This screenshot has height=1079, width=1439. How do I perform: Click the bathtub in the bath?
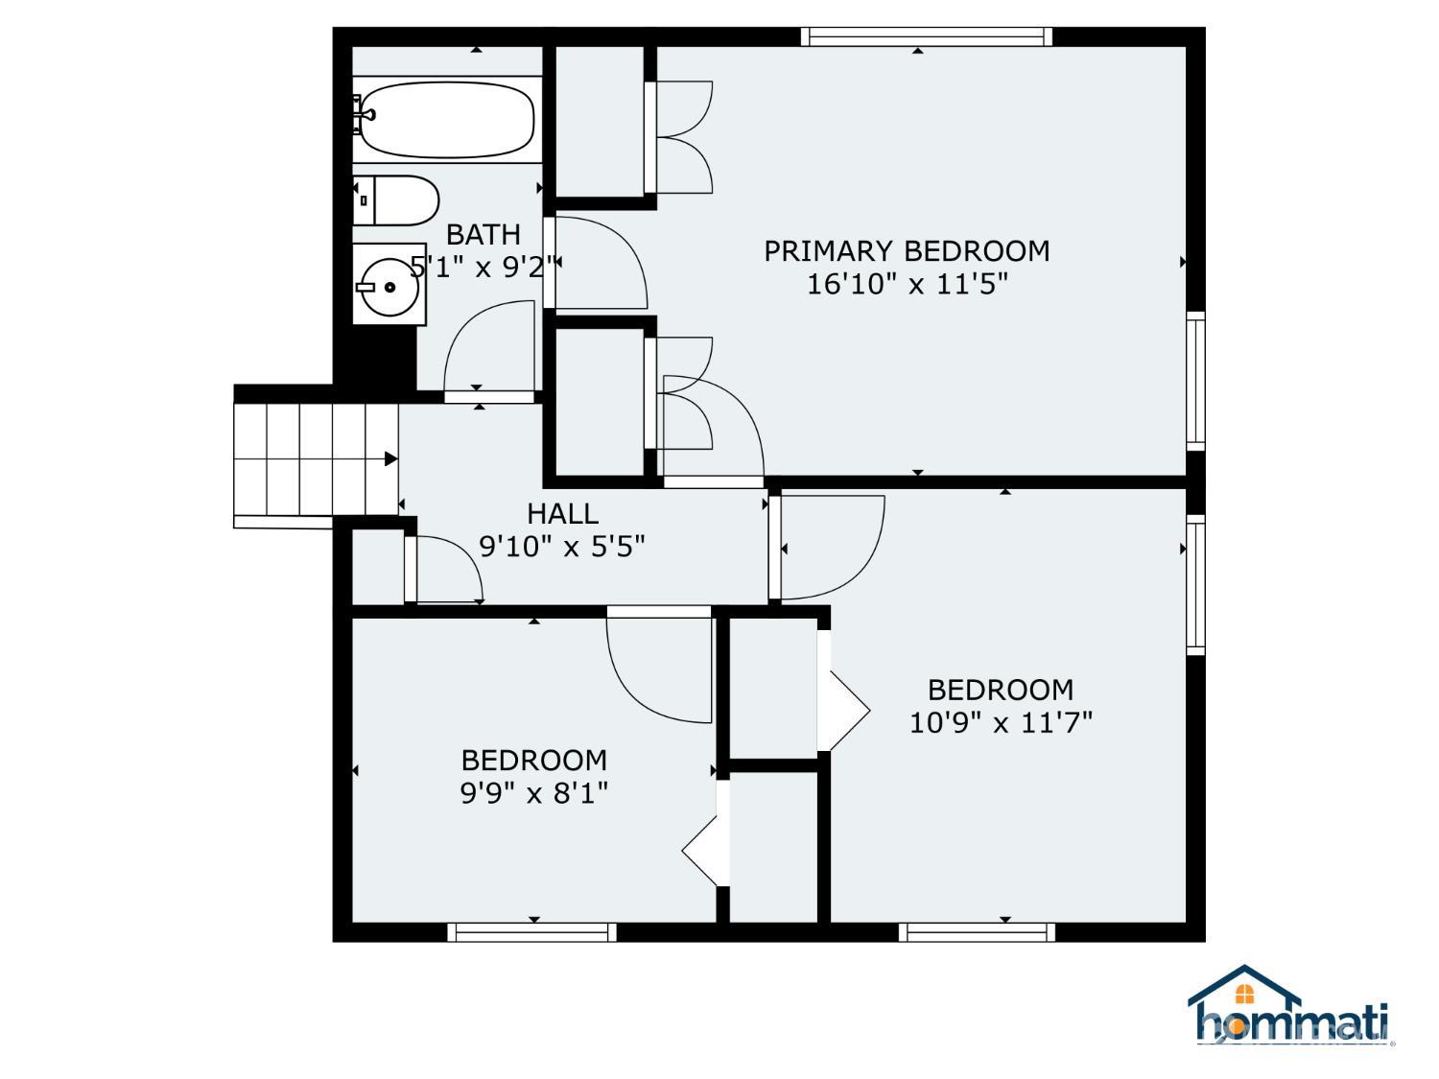[446, 120]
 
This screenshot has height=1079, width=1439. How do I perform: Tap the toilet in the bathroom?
[395, 199]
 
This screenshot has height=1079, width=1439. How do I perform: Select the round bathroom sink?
[389, 285]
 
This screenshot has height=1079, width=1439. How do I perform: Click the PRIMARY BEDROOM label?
[906, 251]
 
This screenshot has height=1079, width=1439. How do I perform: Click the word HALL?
[562, 514]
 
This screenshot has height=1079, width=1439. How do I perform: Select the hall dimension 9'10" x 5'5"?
[562, 546]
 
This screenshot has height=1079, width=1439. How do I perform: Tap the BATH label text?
[484, 234]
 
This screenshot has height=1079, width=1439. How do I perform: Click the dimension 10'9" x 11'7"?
[1001, 723]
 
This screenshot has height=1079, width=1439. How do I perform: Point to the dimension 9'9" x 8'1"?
[533, 793]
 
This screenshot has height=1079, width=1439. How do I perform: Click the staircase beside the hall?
[316, 459]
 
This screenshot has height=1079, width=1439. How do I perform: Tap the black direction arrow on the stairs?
[390, 458]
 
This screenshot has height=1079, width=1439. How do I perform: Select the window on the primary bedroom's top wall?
[927, 36]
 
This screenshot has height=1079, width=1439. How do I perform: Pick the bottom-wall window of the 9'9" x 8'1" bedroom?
[531, 932]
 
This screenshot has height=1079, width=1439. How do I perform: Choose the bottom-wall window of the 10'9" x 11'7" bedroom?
[977, 932]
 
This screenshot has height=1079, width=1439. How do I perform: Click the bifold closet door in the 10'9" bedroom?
[843, 692]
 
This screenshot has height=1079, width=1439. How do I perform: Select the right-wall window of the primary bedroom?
[1195, 382]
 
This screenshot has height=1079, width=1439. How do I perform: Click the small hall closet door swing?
[446, 569]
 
